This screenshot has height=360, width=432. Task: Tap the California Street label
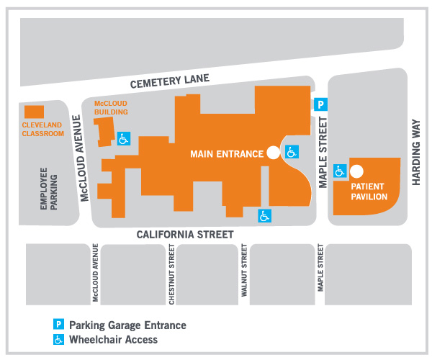[186, 234]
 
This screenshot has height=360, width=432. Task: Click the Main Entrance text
[225, 153]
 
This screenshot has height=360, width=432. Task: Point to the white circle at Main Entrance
[273, 152]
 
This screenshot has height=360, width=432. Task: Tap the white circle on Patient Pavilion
[356, 171]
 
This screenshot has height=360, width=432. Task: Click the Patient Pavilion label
[369, 191]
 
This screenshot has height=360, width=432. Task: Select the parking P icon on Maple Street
[322, 104]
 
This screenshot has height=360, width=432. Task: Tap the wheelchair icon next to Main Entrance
[291, 152]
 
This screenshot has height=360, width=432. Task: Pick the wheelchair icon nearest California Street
[265, 215]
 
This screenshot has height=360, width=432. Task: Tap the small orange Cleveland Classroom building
[33, 112]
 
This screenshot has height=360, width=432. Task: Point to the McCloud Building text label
[111, 108]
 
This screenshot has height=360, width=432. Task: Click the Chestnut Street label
[172, 274]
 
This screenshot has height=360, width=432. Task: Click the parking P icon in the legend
[60, 325]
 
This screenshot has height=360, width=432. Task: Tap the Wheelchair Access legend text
[113, 339]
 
